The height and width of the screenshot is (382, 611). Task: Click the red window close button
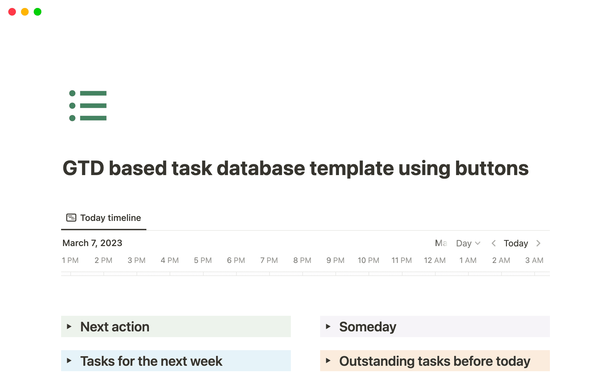[12, 12]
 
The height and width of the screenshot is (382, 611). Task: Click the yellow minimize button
[25, 12]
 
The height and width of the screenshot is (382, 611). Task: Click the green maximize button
[38, 12]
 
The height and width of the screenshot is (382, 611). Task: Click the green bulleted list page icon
[88, 106]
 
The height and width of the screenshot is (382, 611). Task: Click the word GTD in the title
[83, 168]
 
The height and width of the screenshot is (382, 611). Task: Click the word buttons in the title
[492, 168]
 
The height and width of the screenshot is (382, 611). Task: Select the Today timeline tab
[104, 218]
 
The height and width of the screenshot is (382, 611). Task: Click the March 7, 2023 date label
[92, 243]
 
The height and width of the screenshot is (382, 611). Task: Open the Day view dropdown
[468, 244]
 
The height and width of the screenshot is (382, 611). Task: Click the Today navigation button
[516, 244]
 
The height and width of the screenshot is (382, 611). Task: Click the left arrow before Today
[494, 244]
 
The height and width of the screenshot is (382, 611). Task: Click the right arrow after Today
[538, 244]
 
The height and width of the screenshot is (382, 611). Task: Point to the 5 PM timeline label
[203, 260]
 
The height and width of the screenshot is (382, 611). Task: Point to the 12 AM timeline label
[434, 260]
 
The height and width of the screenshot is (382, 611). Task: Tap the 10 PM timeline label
[368, 260]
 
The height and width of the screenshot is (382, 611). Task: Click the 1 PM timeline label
[70, 260]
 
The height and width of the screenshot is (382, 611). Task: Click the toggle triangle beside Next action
[69, 327]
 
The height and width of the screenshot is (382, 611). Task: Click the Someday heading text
[368, 327]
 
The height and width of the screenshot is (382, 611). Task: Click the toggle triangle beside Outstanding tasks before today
[328, 361]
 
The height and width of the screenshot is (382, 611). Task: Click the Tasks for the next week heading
[151, 361]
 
